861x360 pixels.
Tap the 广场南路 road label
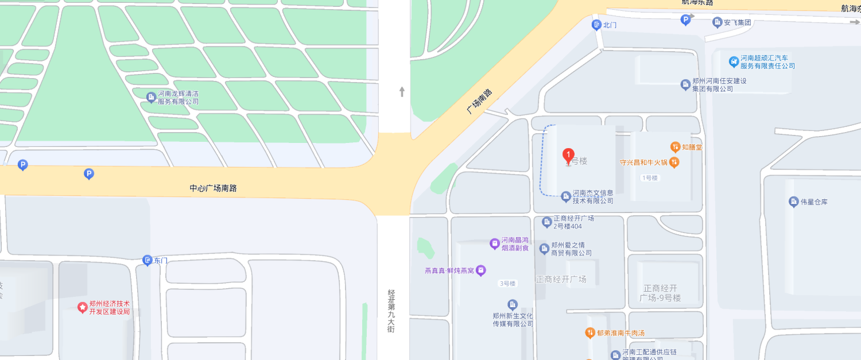tap(479, 101)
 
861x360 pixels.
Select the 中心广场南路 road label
tap(213, 188)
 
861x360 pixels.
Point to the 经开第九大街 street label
tap(391, 311)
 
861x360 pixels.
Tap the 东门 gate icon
tap(148, 260)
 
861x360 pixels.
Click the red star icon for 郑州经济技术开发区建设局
tap(83, 308)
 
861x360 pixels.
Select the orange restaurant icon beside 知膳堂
tap(675, 147)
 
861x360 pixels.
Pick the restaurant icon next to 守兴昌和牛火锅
tap(674, 162)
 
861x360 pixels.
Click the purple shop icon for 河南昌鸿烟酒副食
tap(494, 244)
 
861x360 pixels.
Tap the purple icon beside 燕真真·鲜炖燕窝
tap(481, 270)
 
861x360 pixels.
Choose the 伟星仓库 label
tap(814, 202)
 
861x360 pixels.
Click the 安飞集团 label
tap(737, 22)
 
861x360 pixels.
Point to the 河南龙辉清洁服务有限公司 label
tap(178, 98)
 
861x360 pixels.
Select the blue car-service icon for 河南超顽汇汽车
tap(733, 61)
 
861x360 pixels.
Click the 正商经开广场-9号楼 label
tap(660, 293)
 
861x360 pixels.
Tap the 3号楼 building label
tap(507, 284)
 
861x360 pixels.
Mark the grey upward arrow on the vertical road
tap(402, 91)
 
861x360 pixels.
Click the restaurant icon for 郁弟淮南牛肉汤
tap(589, 332)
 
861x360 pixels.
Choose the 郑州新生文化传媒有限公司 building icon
tap(513, 304)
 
